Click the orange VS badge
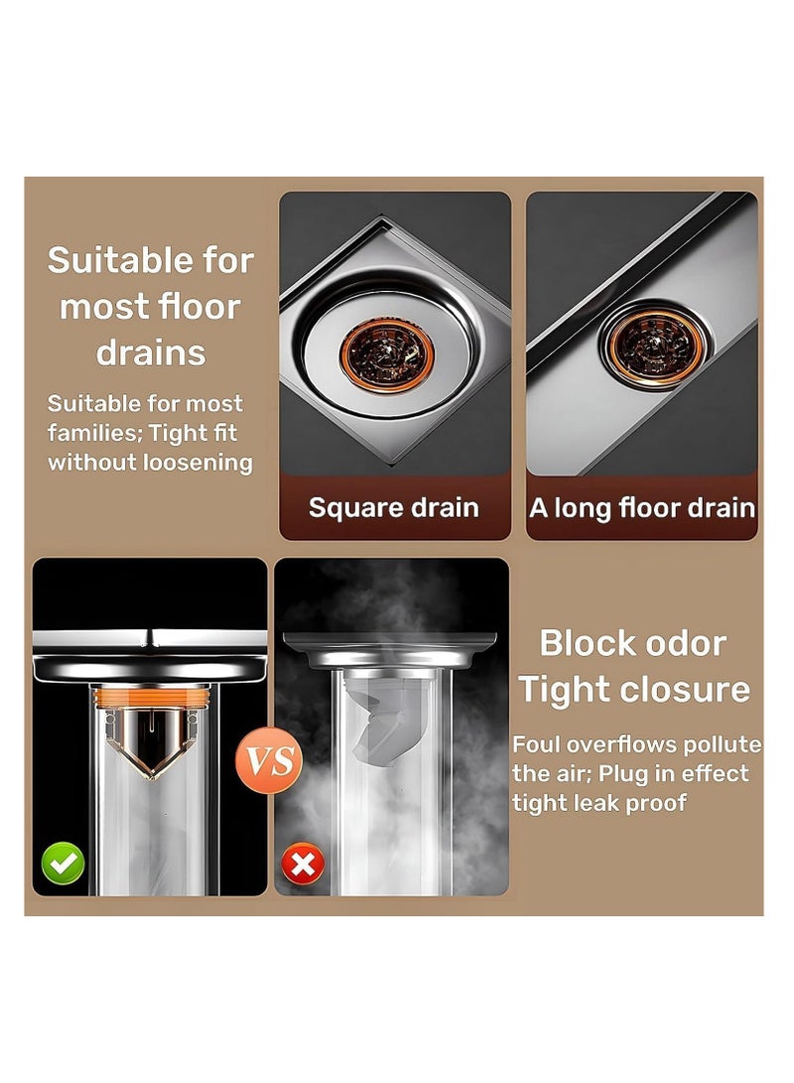point(271,761)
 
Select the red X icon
point(302,866)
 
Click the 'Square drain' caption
point(394,508)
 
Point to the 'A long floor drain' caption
point(642,508)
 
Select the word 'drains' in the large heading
point(152,352)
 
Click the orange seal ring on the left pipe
point(150,699)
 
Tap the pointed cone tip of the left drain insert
point(150,774)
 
